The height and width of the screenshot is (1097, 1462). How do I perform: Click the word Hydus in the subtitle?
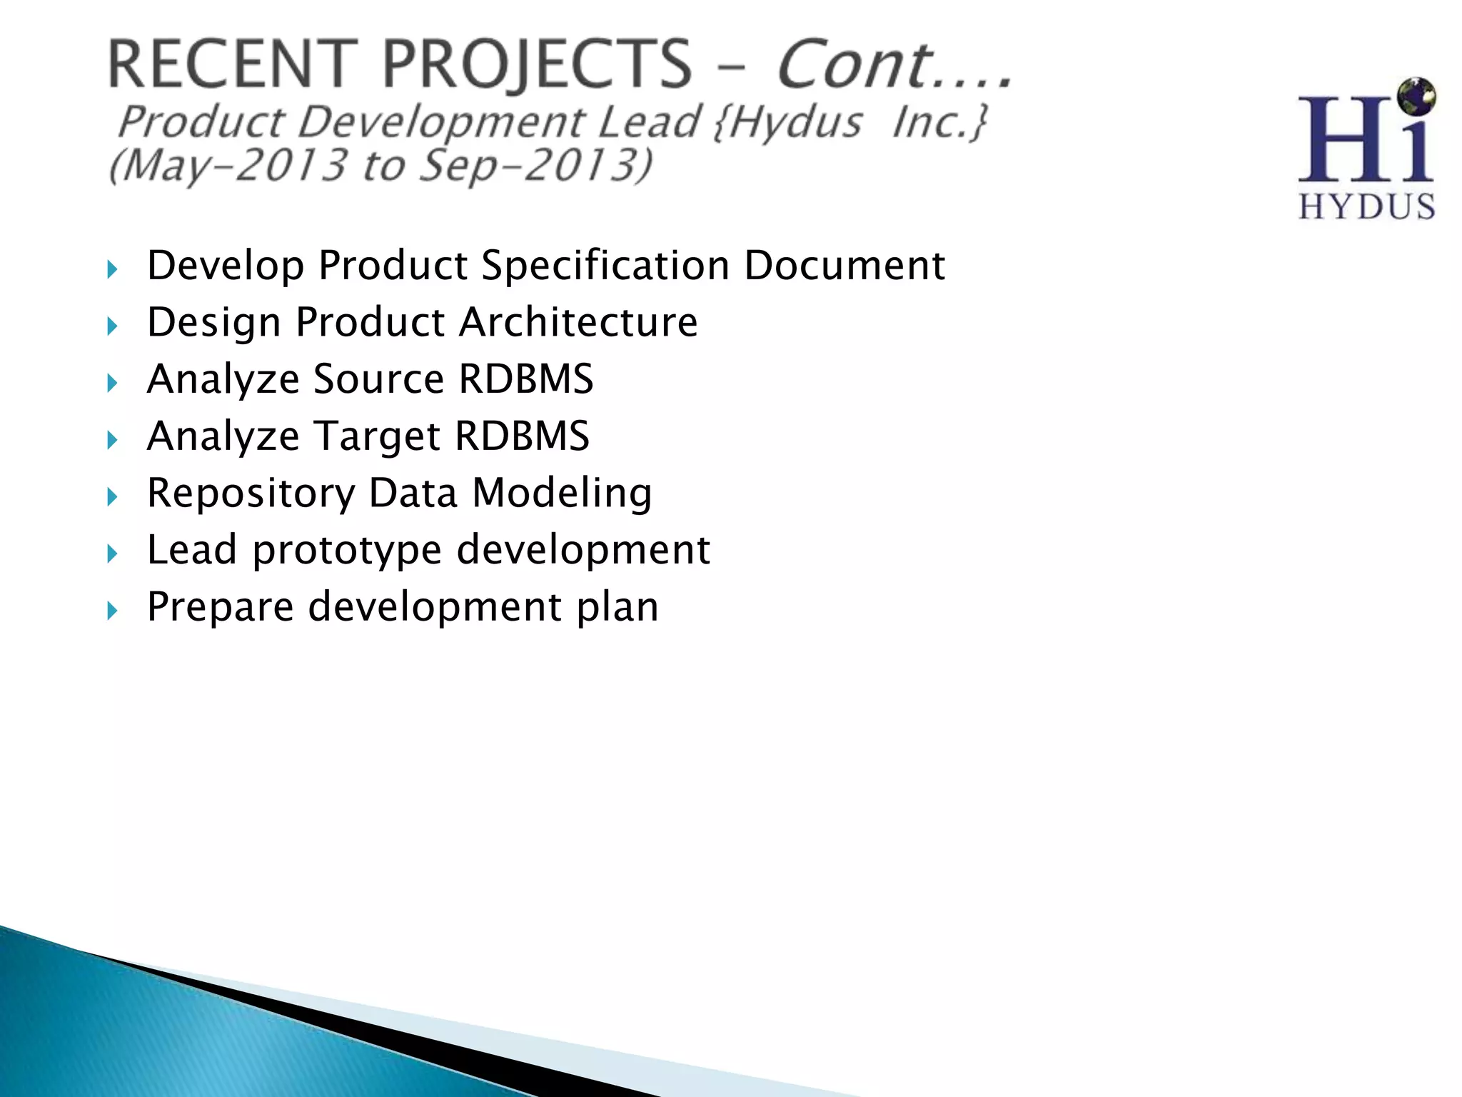tap(796, 122)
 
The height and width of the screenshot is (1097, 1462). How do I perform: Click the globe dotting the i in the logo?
tap(1416, 96)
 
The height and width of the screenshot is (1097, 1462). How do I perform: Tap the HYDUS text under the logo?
tap(1366, 207)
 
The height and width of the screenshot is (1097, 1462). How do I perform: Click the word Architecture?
tap(578, 322)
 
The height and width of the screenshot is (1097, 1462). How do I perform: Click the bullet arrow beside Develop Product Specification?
tap(112, 270)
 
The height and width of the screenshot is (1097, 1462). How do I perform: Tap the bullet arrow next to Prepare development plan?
tap(112, 611)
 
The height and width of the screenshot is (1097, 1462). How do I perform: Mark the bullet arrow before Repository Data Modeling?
tap(112, 497)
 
